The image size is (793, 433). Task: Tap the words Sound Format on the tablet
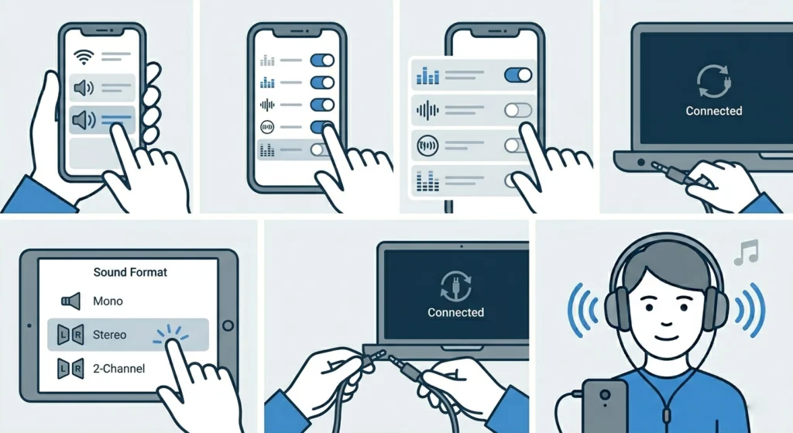[130, 273]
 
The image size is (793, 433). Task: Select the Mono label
[108, 301]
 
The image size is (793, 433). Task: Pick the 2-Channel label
[118, 369]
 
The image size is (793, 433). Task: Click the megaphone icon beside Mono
[70, 301]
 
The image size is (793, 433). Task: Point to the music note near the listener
[747, 252]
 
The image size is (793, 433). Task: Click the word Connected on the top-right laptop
[713, 111]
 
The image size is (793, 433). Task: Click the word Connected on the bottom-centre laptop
[455, 312]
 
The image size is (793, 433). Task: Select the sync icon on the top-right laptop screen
[713, 81]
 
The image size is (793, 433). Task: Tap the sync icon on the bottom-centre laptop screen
[455, 284]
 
